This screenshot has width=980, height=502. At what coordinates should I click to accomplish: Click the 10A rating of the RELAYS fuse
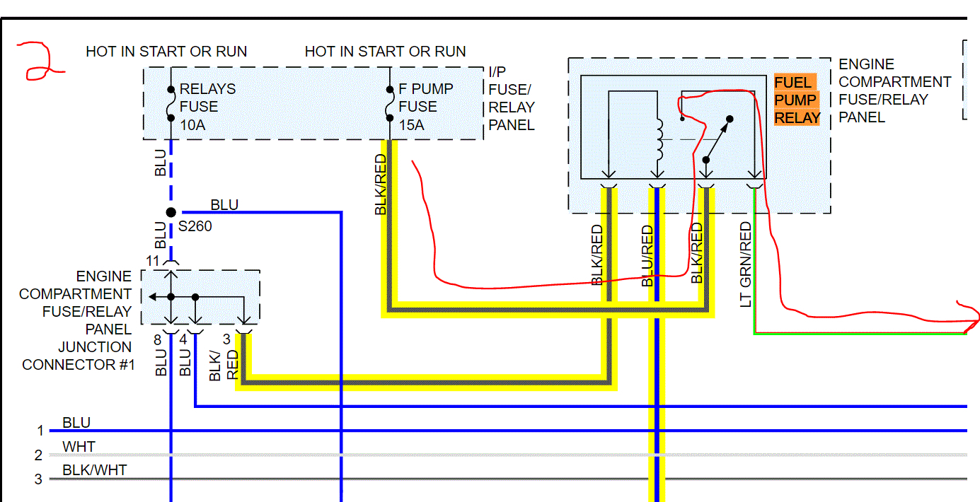pyautogui.click(x=193, y=125)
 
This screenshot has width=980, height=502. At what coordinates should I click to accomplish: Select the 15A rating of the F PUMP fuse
pyautogui.click(x=411, y=125)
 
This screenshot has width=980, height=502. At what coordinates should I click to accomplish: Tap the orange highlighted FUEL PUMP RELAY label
pyautogui.click(x=797, y=100)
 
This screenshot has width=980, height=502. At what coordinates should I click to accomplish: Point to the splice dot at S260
pyautogui.click(x=171, y=212)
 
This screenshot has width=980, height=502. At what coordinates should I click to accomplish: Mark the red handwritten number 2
pyautogui.click(x=41, y=61)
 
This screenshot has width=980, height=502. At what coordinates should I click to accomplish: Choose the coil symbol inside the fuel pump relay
pyautogui.click(x=659, y=139)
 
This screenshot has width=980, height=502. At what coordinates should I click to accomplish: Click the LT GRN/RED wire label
pyautogui.click(x=746, y=264)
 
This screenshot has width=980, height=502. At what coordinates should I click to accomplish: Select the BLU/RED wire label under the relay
pyautogui.click(x=647, y=256)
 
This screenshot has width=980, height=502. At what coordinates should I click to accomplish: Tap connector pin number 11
pyautogui.click(x=154, y=261)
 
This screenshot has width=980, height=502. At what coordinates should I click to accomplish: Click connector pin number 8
pyautogui.click(x=158, y=339)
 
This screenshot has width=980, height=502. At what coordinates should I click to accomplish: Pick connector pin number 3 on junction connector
pyautogui.click(x=226, y=339)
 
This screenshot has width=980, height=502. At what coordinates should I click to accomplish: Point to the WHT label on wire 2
pyautogui.click(x=79, y=447)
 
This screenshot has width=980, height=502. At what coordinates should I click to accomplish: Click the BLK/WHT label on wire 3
pyautogui.click(x=95, y=470)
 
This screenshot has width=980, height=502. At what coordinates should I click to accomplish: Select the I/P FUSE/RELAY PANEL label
pyautogui.click(x=511, y=98)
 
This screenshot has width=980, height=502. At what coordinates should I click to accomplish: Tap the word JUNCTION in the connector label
pyautogui.click(x=95, y=347)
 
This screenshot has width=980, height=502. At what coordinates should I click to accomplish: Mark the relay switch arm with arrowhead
pyautogui.click(x=717, y=138)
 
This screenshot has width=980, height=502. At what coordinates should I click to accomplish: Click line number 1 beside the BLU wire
pyautogui.click(x=40, y=431)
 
